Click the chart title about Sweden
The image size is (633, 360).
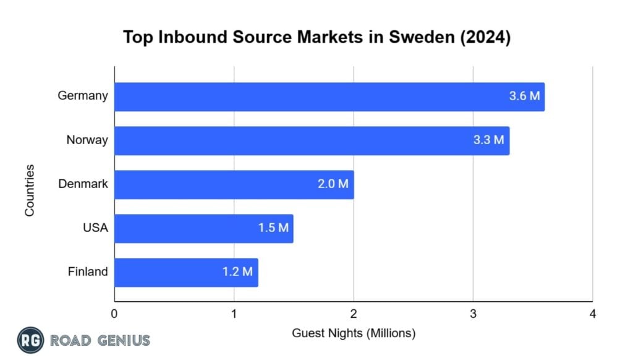click(x=316, y=37)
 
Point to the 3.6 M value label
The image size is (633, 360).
click(x=524, y=96)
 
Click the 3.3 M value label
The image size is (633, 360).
click(x=489, y=140)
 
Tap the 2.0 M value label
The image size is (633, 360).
click(x=333, y=184)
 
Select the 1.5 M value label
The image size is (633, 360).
click(x=273, y=228)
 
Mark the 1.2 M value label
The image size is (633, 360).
click(x=238, y=272)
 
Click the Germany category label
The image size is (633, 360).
click(x=82, y=96)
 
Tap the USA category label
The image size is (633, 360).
click(x=95, y=228)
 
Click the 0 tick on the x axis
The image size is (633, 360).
click(x=114, y=314)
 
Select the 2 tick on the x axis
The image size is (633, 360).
click(x=354, y=314)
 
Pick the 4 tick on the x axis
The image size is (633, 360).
click(x=592, y=314)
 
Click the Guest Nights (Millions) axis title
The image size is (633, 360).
click(x=354, y=333)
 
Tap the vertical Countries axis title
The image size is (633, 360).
click(x=30, y=190)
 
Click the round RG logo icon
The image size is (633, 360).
click(x=30, y=340)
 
